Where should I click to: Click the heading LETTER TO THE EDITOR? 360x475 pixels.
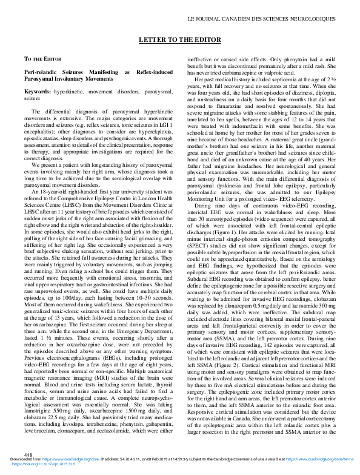pyautogui.click(x=180, y=38)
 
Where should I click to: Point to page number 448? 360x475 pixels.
pyautogui.click(x=28, y=455)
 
